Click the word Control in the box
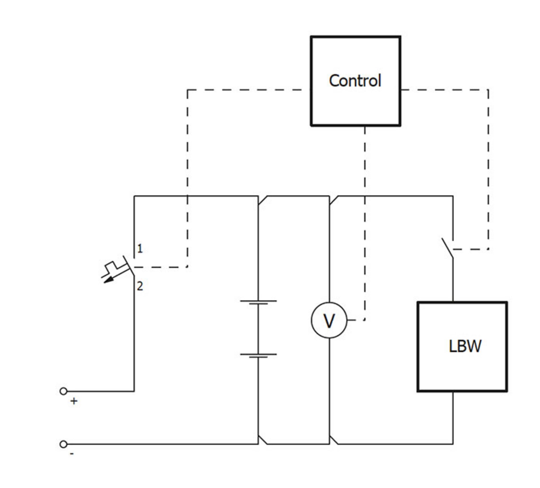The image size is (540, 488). tap(355, 81)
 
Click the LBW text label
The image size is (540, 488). tap(465, 346)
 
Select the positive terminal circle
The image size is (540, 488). tap(63, 391)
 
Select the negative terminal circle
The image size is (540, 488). tap(63, 444)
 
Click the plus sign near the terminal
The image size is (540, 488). tap(74, 401)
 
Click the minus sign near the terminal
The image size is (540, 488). tap(72, 454)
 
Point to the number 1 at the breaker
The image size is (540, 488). tap(140, 249)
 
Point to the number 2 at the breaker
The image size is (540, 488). tap(140, 286)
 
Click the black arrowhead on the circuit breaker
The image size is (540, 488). tap(109, 280)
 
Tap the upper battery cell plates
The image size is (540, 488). tap(258, 302)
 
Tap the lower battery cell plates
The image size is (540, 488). tap(258, 356)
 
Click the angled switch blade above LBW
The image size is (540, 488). tap(447, 248)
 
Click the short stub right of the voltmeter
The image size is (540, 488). tap(351, 320)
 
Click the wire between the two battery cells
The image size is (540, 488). tap(258, 329)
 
